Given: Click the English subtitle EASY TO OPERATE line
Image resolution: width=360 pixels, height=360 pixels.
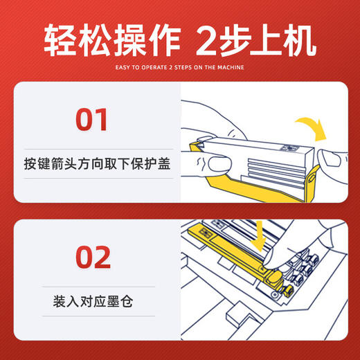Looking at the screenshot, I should point(179,67).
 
